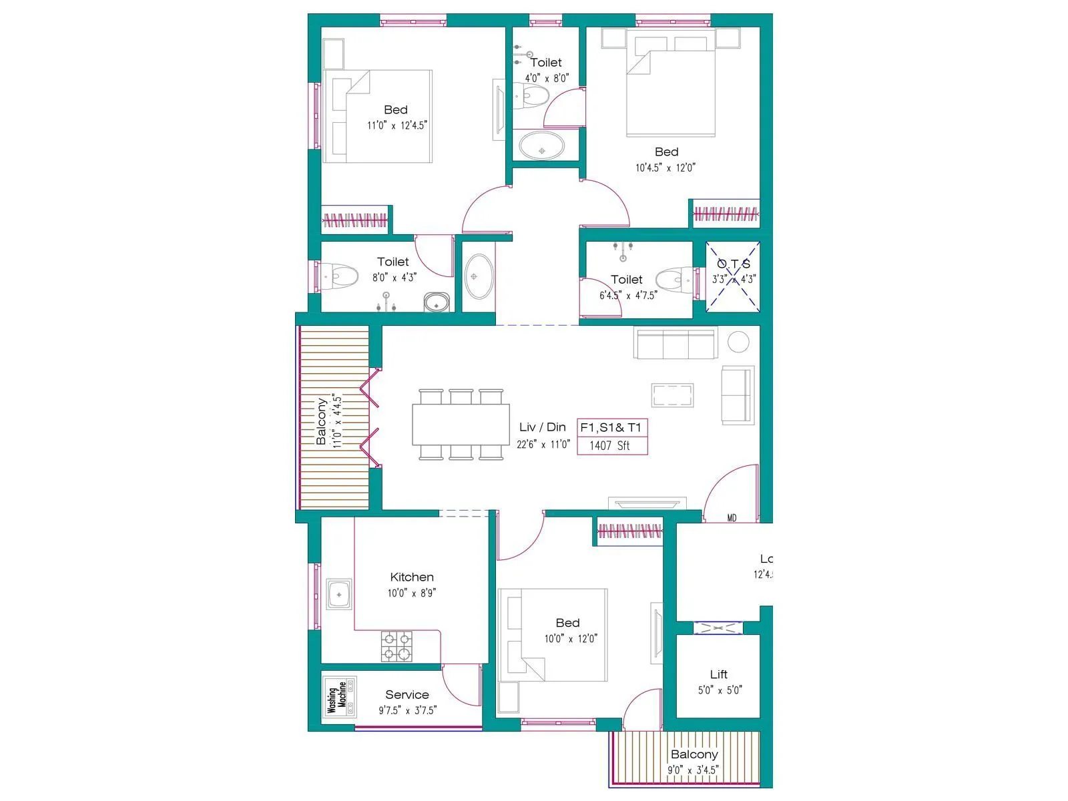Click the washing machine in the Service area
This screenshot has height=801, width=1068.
[340, 697]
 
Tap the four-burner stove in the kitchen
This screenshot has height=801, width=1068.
[396, 646]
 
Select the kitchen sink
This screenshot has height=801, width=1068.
[339, 594]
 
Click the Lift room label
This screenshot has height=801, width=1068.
[719, 674]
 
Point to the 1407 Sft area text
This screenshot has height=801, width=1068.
[609, 446]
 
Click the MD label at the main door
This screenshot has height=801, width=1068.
[732, 518]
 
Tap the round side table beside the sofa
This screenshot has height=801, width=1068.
[738, 342]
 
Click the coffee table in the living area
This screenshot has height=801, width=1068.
[672, 395]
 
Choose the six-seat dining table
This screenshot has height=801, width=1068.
[461, 425]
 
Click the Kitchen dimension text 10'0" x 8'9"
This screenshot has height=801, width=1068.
[412, 593]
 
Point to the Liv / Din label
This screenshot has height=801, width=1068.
[542, 427]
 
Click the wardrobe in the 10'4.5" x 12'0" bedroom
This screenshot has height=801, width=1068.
[726, 214]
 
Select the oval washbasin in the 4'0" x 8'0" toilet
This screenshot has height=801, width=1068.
[541, 146]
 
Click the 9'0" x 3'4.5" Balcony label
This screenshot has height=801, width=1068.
[694, 754]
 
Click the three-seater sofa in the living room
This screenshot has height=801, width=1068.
[676, 344]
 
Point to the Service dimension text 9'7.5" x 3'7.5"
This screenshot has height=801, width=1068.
[407, 710]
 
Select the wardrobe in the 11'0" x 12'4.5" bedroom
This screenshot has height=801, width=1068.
[355, 220]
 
